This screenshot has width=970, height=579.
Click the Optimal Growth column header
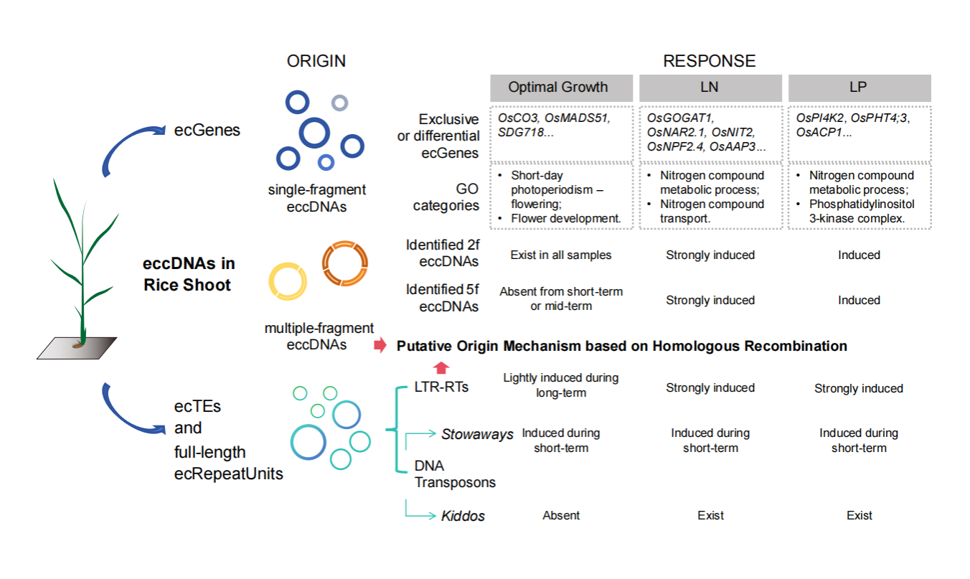click(x=558, y=88)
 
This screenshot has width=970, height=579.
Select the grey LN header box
click(x=710, y=88)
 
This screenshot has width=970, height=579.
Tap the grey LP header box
click(x=859, y=88)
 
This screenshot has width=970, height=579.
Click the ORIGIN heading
click(x=316, y=61)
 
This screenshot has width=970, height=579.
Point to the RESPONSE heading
click(x=709, y=61)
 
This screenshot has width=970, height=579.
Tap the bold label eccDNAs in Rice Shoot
click(x=189, y=275)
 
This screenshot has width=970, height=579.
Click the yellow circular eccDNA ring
click(x=288, y=281)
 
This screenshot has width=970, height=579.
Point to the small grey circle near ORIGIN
click(x=339, y=103)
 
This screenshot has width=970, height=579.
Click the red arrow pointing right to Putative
click(x=380, y=347)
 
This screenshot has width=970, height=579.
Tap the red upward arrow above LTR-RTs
click(x=441, y=367)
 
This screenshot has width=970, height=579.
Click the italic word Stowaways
click(x=477, y=434)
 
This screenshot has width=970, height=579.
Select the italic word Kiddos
click(x=463, y=516)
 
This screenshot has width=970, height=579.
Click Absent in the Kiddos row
click(x=561, y=515)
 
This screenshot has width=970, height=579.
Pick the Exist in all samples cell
click(x=560, y=255)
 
